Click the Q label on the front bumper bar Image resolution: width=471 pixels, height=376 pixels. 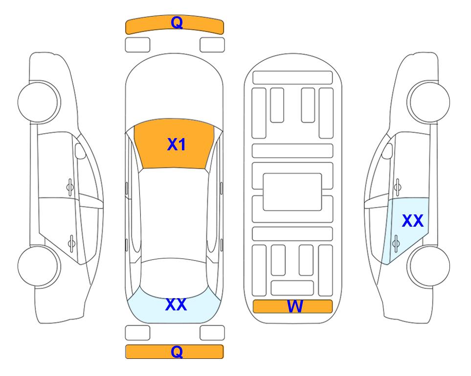point(177,23)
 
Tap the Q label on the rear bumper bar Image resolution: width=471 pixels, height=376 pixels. point(177,352)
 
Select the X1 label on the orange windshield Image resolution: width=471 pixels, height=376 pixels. point(177,144)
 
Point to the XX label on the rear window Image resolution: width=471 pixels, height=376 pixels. point(176,304)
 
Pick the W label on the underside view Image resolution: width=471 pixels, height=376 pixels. point(295,306)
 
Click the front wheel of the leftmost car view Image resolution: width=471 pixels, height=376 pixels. point(39,102)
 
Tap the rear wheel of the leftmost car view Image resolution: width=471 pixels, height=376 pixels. point(39,266)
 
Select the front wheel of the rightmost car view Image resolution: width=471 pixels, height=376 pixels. point(428,102)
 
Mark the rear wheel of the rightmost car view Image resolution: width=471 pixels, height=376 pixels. point(428,266)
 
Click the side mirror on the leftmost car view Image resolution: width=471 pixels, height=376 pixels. point(80,151)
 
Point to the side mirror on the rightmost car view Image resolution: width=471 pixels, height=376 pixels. point(387,151)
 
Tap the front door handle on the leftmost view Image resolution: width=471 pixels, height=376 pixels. point(70,188)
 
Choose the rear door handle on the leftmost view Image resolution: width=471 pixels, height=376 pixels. point(71,243)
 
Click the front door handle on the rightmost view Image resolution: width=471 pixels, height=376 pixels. point(397,188)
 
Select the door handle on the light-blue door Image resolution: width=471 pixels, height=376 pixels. point(396,243)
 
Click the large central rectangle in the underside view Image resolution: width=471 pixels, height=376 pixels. point(292,192)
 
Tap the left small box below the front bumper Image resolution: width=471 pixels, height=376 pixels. point(137,45)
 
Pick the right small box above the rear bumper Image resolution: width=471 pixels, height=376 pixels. point(212,333)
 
